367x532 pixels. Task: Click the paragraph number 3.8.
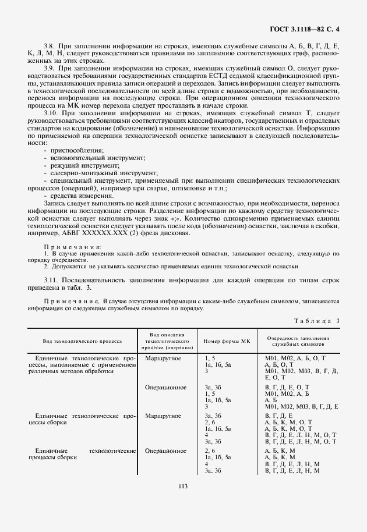(50, 45)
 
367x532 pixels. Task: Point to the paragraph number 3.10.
(51, 112)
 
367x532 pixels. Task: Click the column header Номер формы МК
(226, 341)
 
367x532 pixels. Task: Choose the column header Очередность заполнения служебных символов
(298, 341)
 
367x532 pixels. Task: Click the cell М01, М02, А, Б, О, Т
(295, 358)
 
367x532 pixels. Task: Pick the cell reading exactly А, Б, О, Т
(280, 364)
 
